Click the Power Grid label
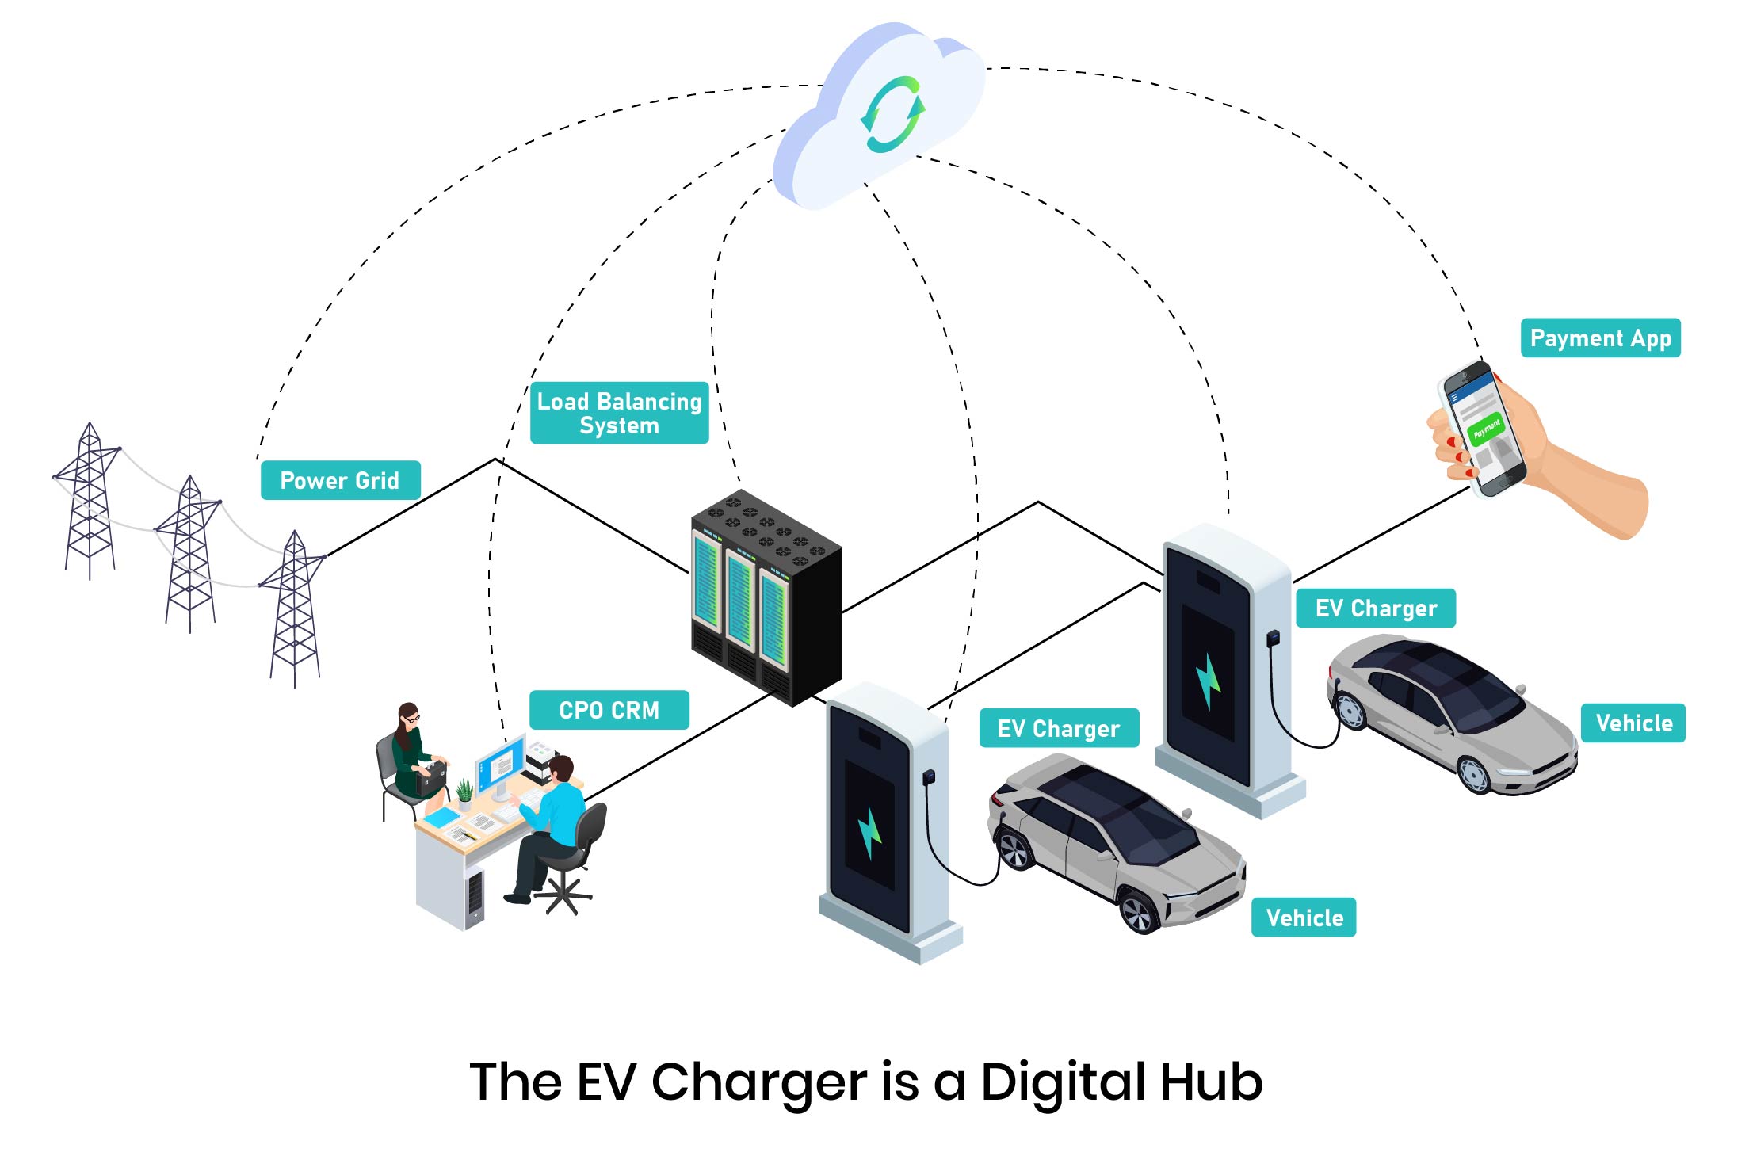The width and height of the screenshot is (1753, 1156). click(340, 480)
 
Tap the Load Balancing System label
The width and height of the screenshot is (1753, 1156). click(619, 413)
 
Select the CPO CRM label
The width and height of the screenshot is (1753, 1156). click(609, 710)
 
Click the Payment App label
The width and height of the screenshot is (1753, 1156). click(1600, 338)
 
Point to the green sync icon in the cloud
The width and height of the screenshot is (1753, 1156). click(892, 114)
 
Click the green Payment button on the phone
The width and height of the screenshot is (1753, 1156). click(1485, 429)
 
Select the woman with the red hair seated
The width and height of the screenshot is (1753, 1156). click(411, 753)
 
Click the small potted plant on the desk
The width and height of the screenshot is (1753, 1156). click(465, 793)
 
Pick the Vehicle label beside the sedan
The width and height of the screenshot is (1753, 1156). click(1633, 723)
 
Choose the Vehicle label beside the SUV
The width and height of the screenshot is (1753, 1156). click(1304, 918)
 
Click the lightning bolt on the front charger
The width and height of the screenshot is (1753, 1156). click(869, 833)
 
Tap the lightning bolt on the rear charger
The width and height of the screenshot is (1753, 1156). click(1208, 681)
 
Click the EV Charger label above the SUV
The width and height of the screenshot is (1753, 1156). click(1058, 728)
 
